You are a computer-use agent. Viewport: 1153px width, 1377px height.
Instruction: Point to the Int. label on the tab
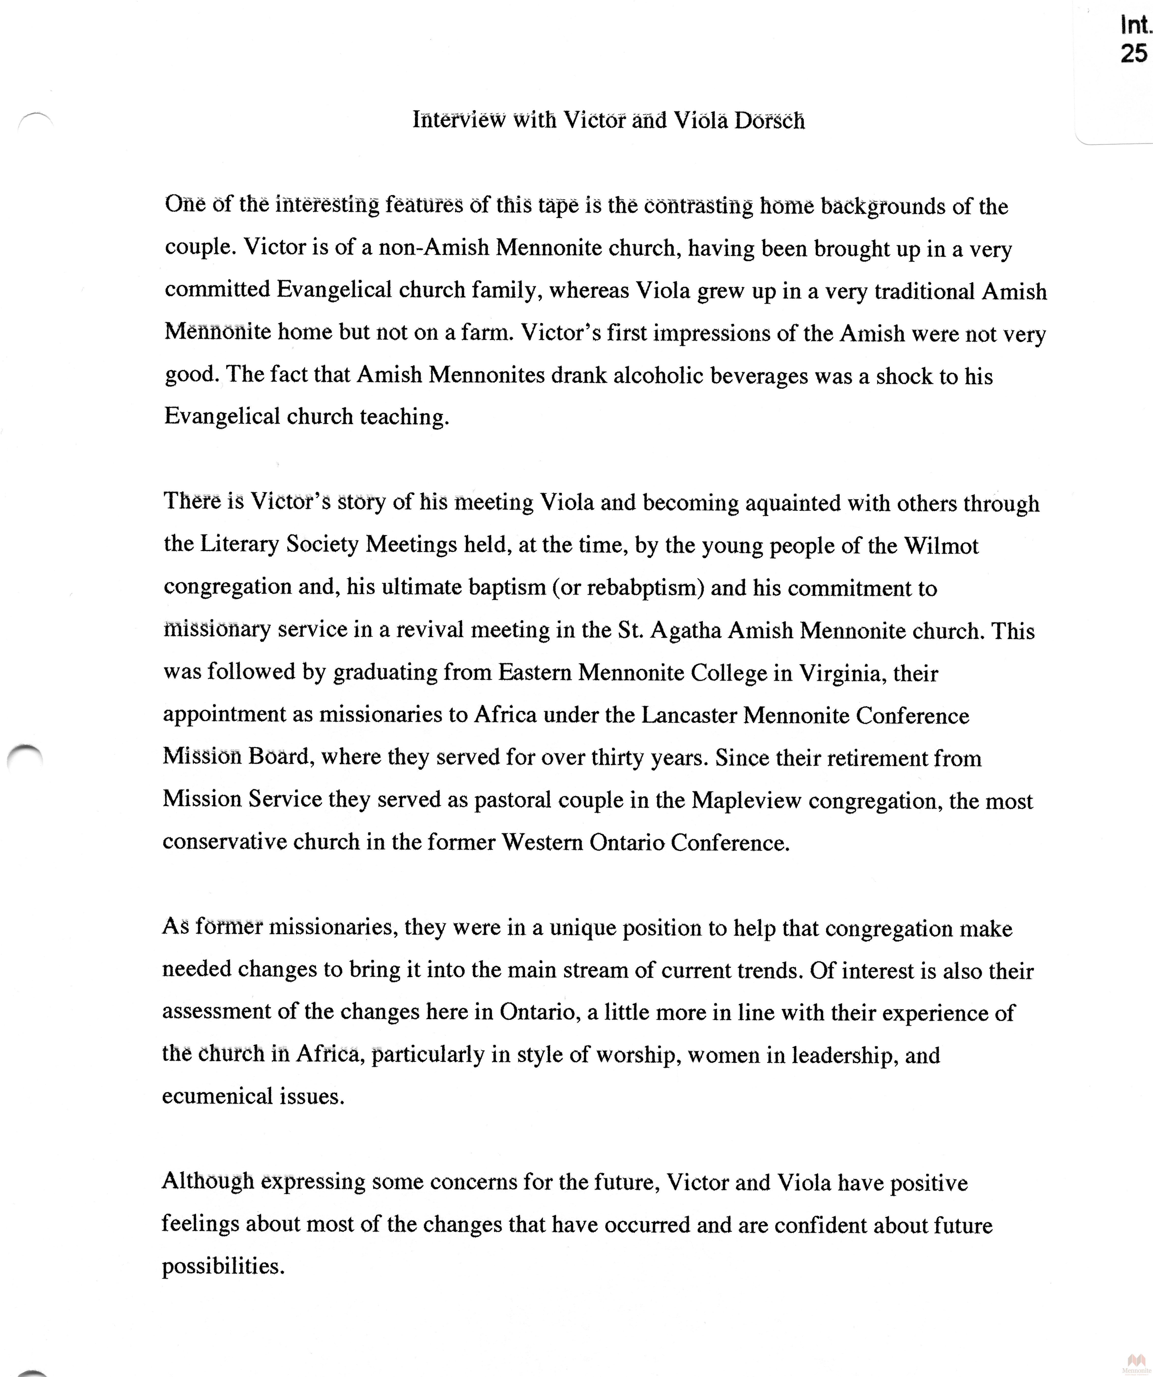[x=1135, y=25]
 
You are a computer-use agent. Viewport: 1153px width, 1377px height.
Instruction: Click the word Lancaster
[x=689, y=715]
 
